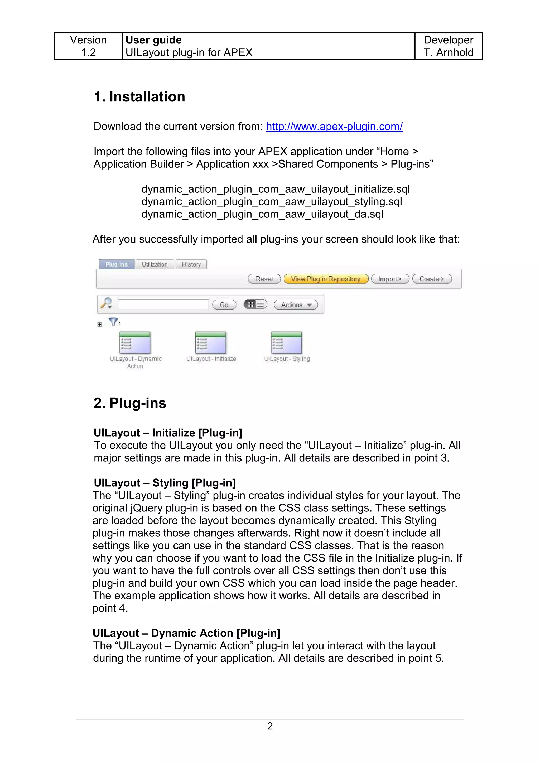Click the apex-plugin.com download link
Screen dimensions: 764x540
click(334, 127)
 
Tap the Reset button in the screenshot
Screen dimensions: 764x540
click(264, 279)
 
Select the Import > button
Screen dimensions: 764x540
click(390, 279)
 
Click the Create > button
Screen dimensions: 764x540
click(432, 279)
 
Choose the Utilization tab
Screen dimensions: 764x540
click(155, 264)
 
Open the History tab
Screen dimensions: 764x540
click(191, 264)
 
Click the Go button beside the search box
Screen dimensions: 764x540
click(224, 304)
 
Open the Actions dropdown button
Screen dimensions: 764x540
click(296, 304)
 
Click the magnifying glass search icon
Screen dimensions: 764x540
click(107, 303)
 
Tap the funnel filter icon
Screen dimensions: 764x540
click(113, 322)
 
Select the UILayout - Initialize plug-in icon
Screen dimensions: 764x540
click(211, 343)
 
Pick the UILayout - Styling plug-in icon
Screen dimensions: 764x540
click(286, 343)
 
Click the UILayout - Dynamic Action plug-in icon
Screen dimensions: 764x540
click(135, 343)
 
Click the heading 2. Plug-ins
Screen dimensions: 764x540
click(130, 403)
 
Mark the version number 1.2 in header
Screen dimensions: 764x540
click(89, 52)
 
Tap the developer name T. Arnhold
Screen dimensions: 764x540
click(448, 52)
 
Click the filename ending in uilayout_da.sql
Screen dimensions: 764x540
click(262, 214)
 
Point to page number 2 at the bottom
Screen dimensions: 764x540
click(270, 726)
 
